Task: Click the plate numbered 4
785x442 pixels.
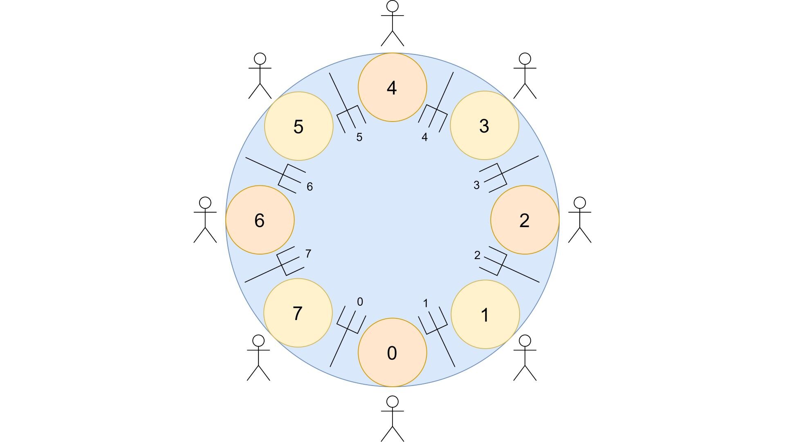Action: tap(392, 87)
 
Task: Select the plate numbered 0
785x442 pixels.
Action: tap(392, 352)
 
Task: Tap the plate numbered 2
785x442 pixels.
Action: tap(525, 220)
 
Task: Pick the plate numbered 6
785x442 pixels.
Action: tap(260, 220)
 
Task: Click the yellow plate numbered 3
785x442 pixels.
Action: tap(484, 125)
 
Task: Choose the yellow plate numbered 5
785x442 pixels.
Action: tap(299, 126)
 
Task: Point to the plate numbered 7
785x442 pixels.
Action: tap(298, 313)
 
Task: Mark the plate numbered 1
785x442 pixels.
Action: tap(485, 314)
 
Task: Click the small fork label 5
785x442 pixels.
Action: tap(359, 138)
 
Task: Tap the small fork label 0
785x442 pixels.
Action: tap(360, 302)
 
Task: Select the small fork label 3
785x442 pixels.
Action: tap(476, 185)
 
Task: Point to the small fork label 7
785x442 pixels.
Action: tap(308, 254)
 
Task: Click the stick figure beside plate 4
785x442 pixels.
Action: tap(392, 23)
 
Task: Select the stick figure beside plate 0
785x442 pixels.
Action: tap(392, 418)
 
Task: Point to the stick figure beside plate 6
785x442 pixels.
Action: tap(205, 220)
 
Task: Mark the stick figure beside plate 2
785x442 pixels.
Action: tap(580, 220)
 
